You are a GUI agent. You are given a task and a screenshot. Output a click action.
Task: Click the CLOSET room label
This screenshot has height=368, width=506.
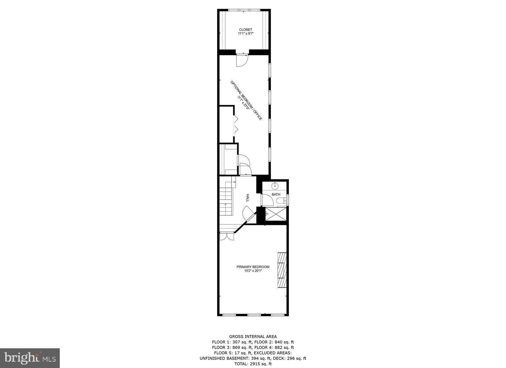[246, 30]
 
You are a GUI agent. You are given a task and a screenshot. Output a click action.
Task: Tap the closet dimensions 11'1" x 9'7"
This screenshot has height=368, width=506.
[246, 34]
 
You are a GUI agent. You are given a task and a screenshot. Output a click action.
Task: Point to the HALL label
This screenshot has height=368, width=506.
[248, 198]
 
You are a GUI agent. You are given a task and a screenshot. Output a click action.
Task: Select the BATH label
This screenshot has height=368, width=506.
[276, 195]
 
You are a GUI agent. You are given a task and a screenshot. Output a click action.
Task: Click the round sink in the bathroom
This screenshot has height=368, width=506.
[275, 186]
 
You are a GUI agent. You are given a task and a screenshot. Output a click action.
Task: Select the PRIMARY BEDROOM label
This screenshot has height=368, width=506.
[253, 267]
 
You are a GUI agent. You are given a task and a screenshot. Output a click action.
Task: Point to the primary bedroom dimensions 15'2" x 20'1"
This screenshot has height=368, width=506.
[253, 271]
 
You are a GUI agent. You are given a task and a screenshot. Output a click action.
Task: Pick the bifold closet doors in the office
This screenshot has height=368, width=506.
[235, 124]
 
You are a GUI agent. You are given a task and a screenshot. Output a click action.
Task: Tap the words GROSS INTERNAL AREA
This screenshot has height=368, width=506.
[253, 337]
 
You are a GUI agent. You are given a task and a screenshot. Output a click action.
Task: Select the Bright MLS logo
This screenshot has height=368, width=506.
[30, 358]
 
